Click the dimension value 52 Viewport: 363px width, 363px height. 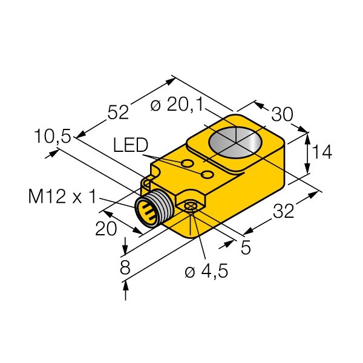tap(118, 113)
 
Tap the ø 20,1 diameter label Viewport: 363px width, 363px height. tap(177, 105)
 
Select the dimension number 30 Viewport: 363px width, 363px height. tap(282, 114)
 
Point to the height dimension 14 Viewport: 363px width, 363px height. tap(322, 152)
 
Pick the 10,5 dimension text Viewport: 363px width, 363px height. tap(52, 136)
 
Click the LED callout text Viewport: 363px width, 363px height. tap(131, 145)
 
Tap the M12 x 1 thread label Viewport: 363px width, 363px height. tap(62, 197)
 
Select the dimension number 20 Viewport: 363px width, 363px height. tap(106, 229)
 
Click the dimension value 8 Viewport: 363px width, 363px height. tap(125, 267)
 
